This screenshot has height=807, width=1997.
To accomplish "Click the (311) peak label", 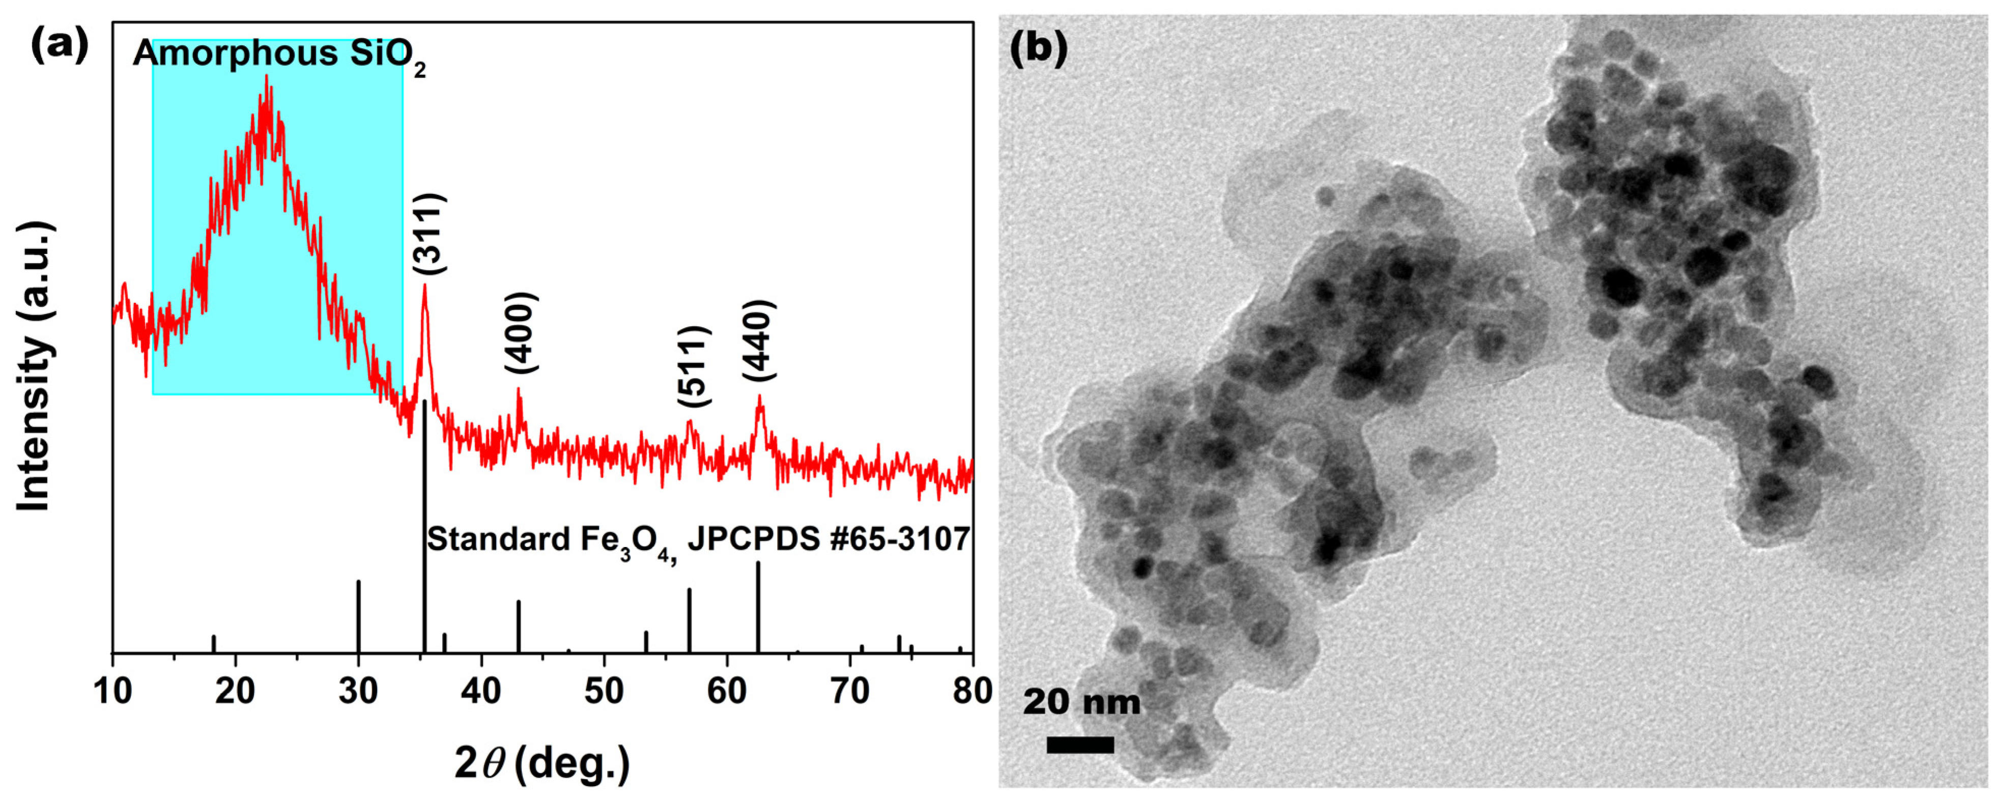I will tap(428, 234).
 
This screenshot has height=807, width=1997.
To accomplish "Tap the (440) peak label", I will tap(758, 339).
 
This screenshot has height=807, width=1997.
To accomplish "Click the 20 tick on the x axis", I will tap(235, 690).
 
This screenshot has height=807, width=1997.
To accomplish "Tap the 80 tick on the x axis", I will tap(972, 690).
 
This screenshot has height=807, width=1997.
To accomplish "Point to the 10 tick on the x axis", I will tap(113, 690).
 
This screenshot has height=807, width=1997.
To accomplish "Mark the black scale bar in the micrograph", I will tap(1080, 745).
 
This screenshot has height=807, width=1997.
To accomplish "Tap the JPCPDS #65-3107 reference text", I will tap(828, 539).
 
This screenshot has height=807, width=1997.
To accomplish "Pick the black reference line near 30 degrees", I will tap(358, 616).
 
